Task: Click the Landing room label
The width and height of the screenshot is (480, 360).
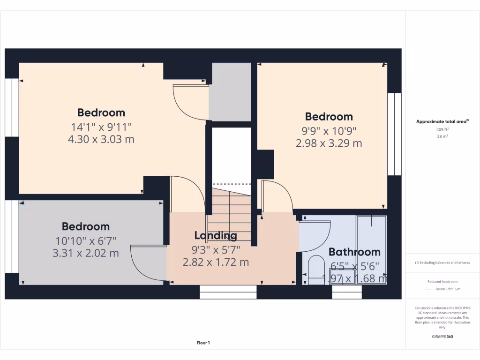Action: pos(215,235)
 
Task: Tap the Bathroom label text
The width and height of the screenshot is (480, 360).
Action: pos(354,252)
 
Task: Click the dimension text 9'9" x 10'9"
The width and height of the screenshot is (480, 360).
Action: pos(329,130)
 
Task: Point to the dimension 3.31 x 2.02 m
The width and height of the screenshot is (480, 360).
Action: pos(86,253)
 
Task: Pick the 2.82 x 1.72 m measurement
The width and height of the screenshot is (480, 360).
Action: pos(215,262)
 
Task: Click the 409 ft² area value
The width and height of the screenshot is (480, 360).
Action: pos(442,129)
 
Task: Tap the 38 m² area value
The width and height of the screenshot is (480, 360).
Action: pos(442,136)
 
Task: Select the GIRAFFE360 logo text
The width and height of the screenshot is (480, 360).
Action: pos(442,337)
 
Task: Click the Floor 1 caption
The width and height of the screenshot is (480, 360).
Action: pos(203,343)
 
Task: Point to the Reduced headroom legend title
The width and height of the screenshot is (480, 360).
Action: pos(442,281)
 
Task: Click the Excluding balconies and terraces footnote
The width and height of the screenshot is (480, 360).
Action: pos(442,262)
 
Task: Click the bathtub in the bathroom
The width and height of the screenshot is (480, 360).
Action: pos(371,248)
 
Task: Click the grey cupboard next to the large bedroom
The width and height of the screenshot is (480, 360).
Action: pos(230,91)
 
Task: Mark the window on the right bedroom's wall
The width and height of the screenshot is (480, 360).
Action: pos(395,134)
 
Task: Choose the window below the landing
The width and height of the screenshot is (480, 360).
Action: pos(228,292)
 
